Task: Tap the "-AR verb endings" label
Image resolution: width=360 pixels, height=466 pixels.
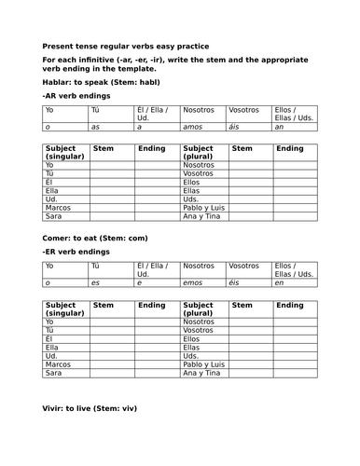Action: coord(76,95)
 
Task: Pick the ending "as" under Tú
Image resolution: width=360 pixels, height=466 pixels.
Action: coord(95,128)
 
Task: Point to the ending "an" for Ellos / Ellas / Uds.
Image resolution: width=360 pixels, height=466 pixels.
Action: coord(280,128)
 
